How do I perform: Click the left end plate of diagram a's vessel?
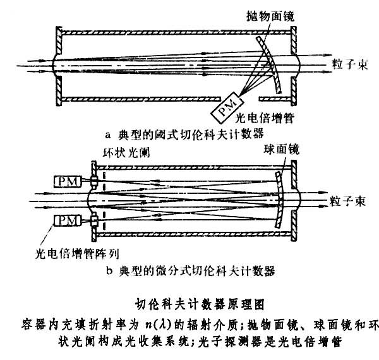coord(57,63)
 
